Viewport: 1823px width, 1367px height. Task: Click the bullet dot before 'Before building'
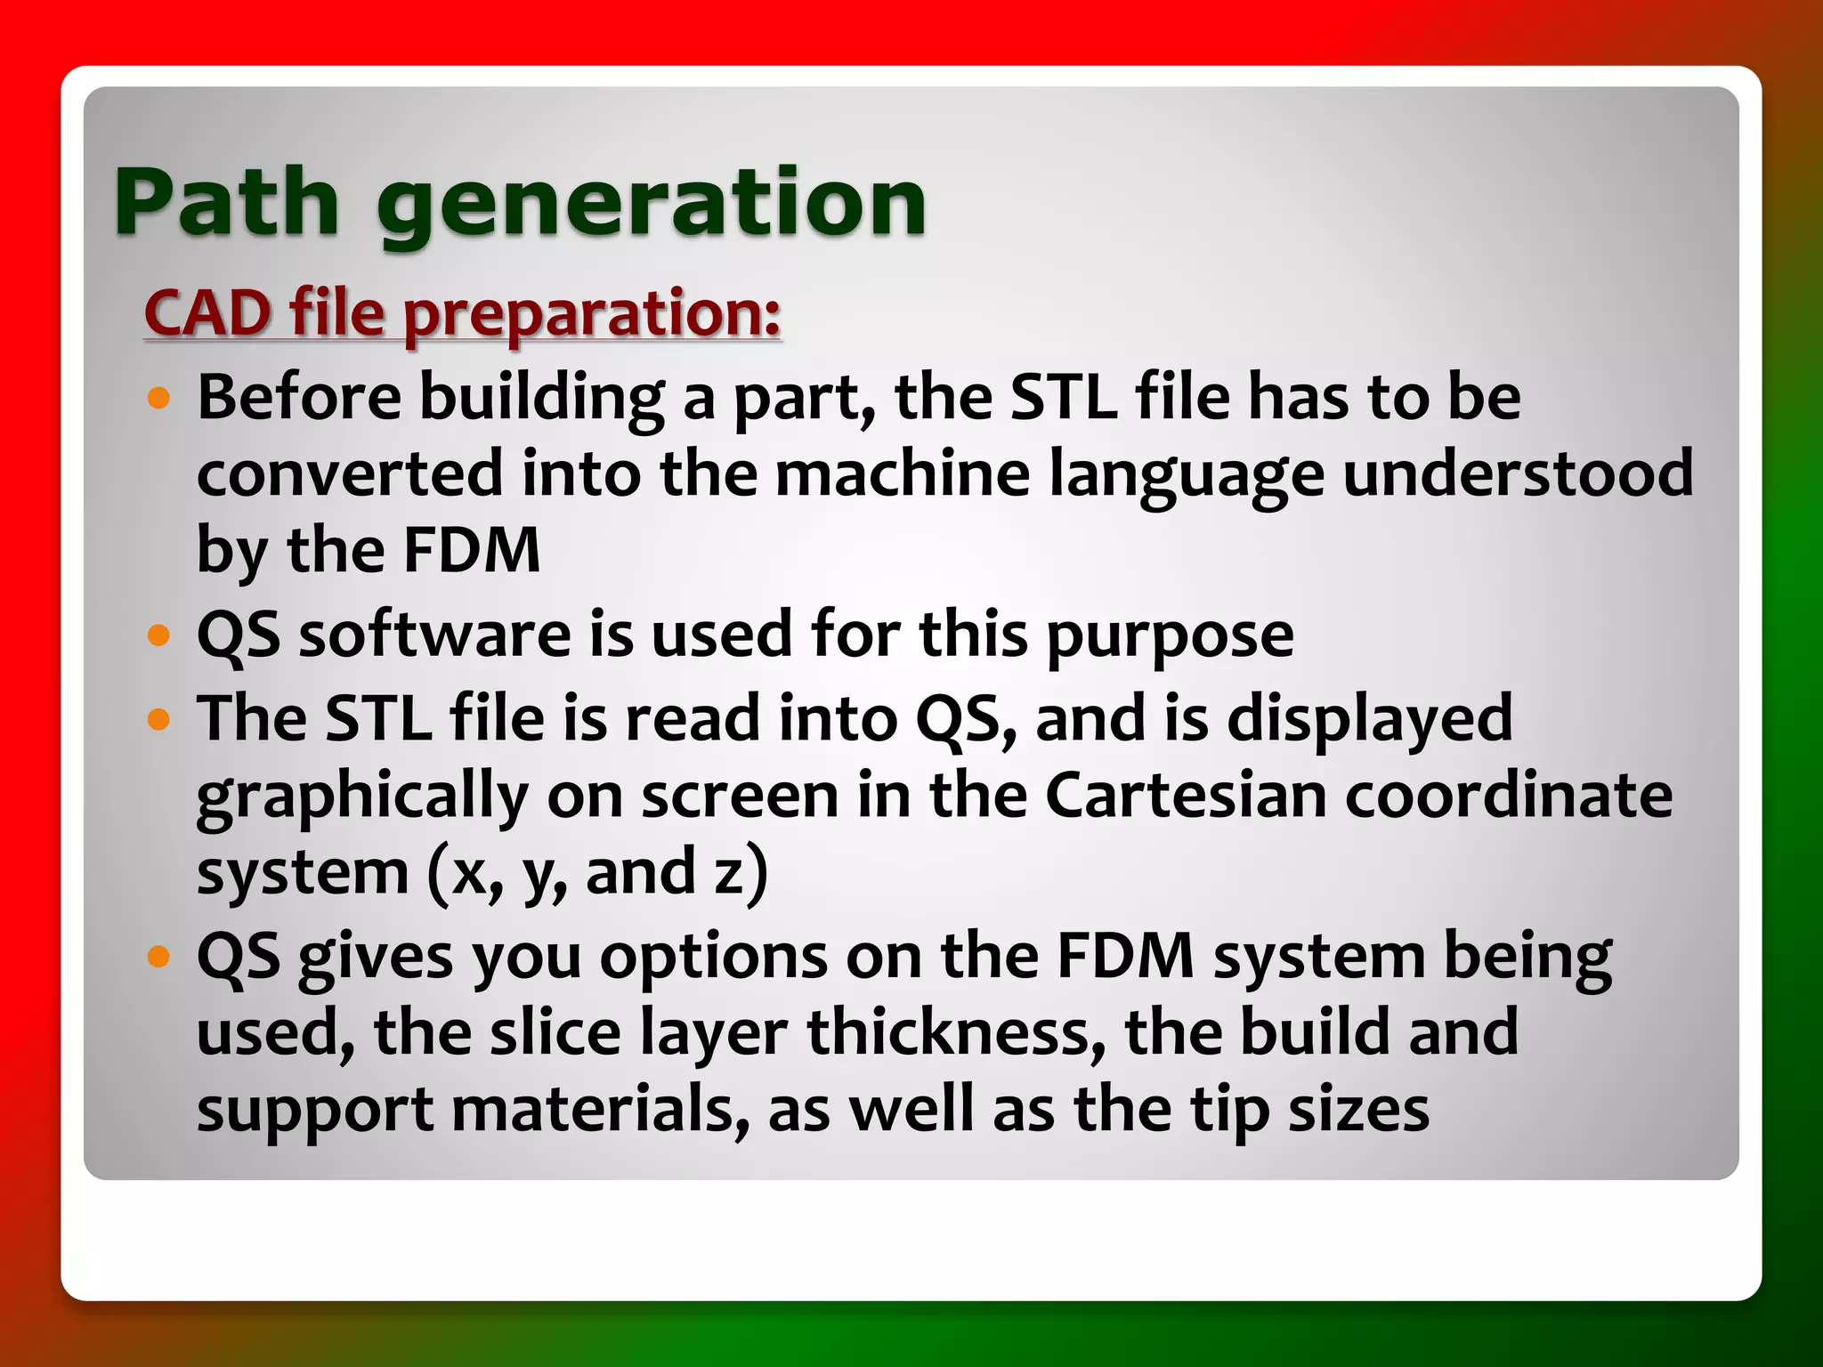coord(159,398)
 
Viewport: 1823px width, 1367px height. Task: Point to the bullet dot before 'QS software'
coord(159,635)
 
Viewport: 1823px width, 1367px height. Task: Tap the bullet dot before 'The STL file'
coord(159,718)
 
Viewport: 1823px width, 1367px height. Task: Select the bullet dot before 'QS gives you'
coord(159,957)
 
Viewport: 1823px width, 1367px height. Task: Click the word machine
coord(903,473)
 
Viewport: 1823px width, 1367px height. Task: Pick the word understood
coord(1518,473)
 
